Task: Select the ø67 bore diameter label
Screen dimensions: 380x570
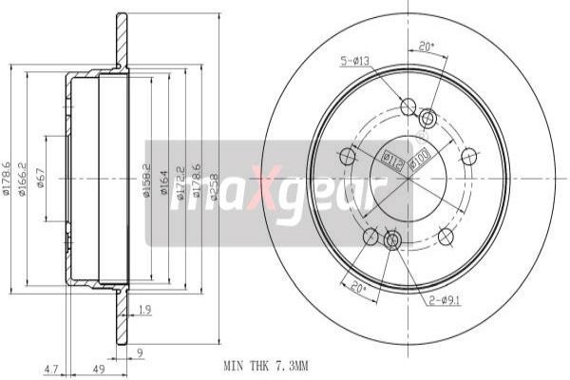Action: point(41,179)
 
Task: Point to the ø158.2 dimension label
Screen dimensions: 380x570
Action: point(146,179)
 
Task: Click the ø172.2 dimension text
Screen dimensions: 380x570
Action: point(180,179)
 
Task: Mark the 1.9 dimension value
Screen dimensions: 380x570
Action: point(144,310)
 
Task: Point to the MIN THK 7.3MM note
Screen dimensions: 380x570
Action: point(265,365)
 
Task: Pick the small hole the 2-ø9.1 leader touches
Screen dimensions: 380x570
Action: point(391,240)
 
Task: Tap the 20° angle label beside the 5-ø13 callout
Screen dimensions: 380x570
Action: point(426,46)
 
